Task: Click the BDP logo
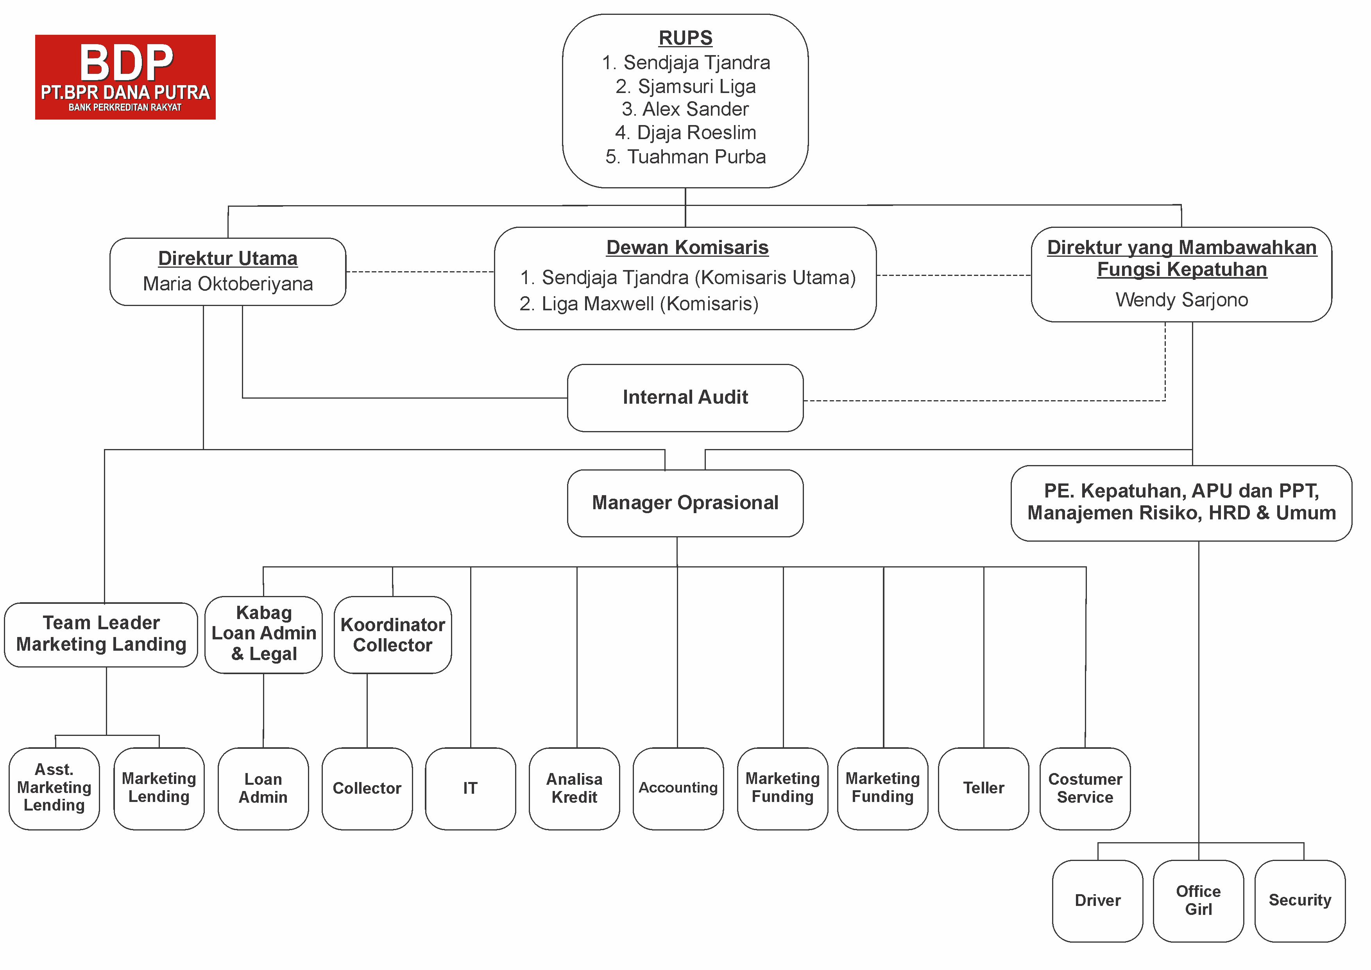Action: (125, 77)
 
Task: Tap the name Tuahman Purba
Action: (696, 156)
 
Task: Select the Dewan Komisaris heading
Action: (687, 247)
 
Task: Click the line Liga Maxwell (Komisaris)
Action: (650, 304)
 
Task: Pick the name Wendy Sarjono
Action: (1182, 300)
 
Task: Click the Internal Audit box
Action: (685, 398)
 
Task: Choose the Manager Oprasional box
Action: (685, 503)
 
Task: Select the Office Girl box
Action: (1198, 901)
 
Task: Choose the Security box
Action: (1300, 901)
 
